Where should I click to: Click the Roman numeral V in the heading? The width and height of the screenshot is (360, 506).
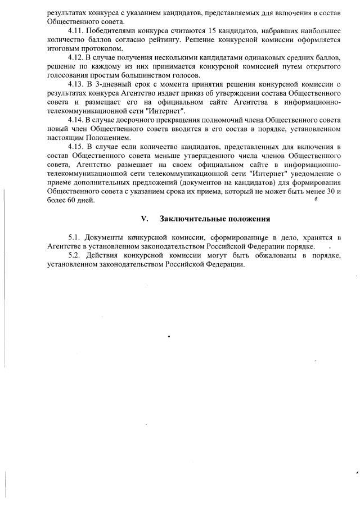coord(144,218)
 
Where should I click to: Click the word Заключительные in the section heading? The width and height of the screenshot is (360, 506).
coord(190,218)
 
